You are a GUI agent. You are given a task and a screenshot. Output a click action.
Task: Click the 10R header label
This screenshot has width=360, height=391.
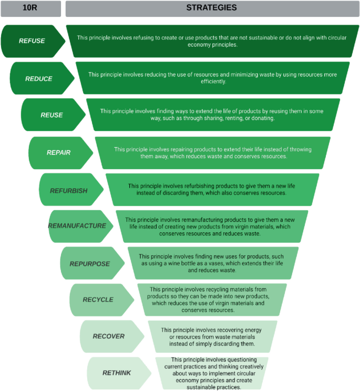coord(30,8)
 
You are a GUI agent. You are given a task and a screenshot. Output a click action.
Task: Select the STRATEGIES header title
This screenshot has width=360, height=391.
coord(211,8)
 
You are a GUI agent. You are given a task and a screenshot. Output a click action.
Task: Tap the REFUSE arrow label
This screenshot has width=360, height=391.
coord(32,41)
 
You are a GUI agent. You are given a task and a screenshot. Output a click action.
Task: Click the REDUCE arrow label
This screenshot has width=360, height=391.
coord(39,78)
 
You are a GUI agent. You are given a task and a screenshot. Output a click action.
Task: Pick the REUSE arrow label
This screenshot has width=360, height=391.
coord(52,115)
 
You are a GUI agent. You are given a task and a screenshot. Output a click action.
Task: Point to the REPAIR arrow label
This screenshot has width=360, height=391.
coord(58,152)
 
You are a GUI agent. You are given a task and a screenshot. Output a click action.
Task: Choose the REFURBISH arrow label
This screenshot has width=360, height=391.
coord(69,190)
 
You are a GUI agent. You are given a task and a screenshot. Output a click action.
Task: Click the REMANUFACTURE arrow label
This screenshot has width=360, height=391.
coord(77,226)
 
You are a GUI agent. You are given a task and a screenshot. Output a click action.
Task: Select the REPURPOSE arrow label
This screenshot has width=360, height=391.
coord(89,263)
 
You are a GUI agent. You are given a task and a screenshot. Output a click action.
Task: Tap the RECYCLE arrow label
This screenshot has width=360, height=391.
coord(98,300)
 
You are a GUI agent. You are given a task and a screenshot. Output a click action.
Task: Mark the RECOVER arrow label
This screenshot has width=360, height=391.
coord(108,336)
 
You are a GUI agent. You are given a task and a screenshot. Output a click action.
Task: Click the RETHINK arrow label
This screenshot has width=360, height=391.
coord(117,373)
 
